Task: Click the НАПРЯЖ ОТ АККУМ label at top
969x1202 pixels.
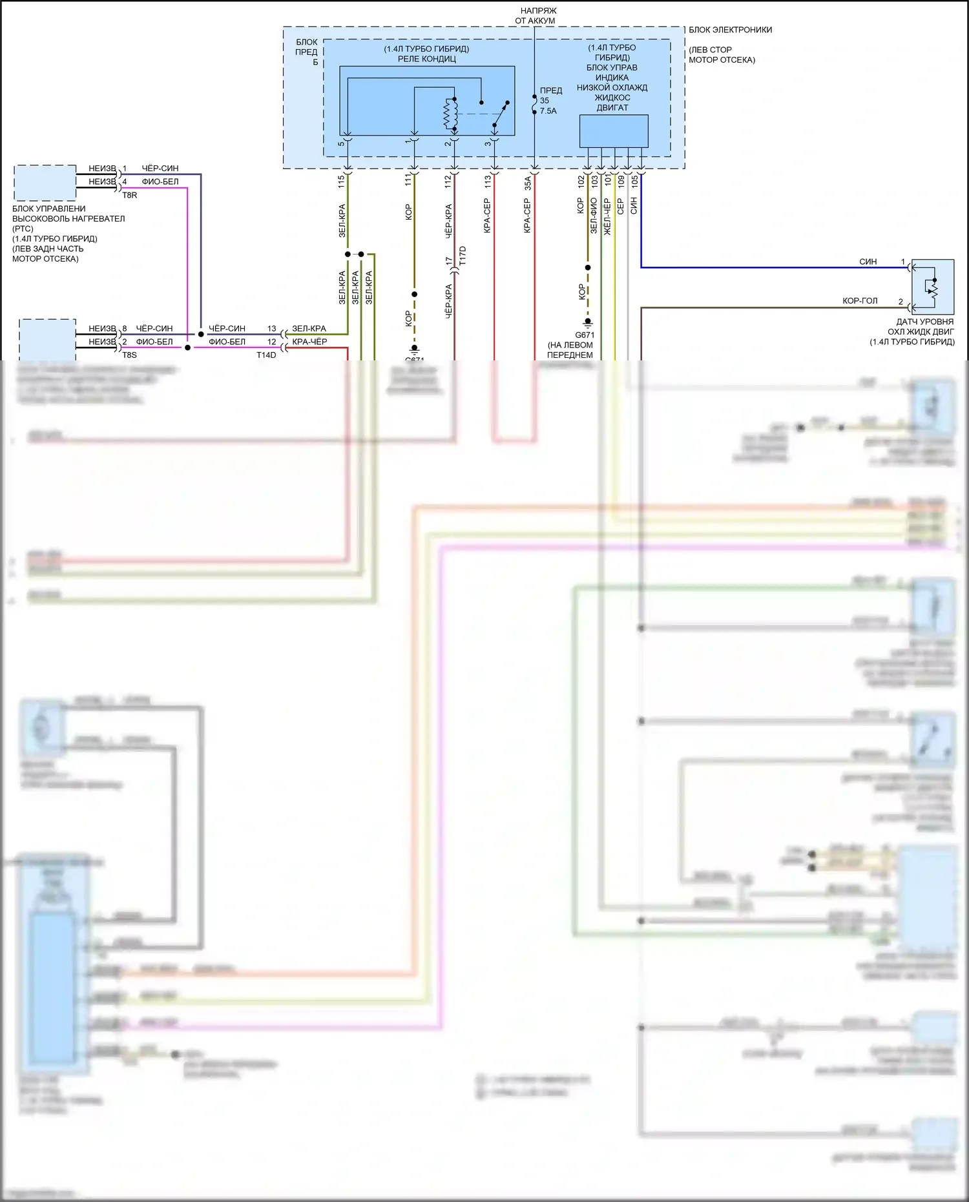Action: click(x=535, y=16)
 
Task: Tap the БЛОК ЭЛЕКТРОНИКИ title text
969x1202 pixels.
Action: click(x=730, y=30)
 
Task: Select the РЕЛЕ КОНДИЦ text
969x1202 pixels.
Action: click(x=426, y=59)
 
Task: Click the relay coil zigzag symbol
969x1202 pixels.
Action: click(x=450, y=114)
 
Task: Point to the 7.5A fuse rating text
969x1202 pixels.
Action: click(x=548, y=111)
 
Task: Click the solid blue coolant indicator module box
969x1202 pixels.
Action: click(x=613, y=131)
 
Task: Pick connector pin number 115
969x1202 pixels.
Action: click(x=341, y=181)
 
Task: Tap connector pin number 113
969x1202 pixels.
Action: click(x=488, y=181)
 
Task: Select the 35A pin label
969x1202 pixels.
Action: click(x=528, y=183)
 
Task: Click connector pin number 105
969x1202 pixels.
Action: click(x=634, y=181)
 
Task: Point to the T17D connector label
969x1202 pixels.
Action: click(x=463, y=256)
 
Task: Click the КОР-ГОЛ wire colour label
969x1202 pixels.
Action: click(x=860, y=301)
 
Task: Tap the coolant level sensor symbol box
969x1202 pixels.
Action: click(x=932, y=287)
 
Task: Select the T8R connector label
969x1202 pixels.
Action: click(x=129, y=195)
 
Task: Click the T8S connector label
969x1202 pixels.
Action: click(x=129, y=355)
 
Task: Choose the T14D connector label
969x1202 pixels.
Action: click(x=266, y=355)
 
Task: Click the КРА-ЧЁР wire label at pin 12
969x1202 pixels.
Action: click(x=309, y=342)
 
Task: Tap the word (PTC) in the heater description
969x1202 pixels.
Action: click(x=23, y=229)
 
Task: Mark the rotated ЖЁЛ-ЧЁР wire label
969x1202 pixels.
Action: click(x=607, y=216)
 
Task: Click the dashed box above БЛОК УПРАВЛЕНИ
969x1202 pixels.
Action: click(x=45, y=183)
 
